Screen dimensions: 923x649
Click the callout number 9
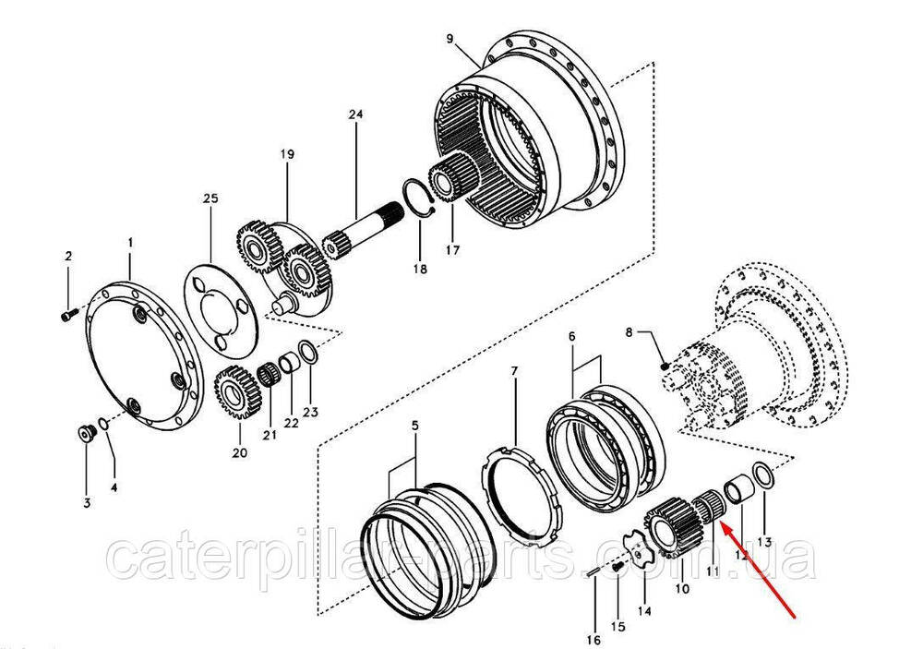point(450,39)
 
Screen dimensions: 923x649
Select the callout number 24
point(355,114)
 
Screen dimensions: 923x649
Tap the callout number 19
point(287,154)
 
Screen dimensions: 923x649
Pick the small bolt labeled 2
point(69,316)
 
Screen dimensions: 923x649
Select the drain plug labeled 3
point(87,435)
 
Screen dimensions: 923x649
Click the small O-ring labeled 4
point(103,424)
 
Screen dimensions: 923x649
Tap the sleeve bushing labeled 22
point(289,363)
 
